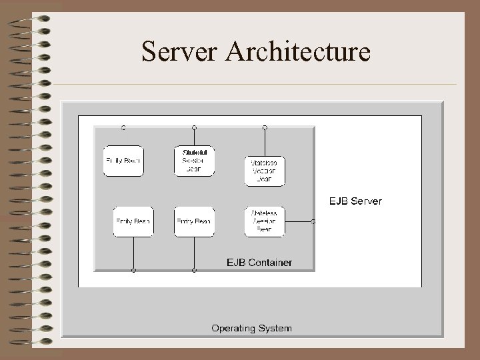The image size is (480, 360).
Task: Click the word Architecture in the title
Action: tap(297, 52)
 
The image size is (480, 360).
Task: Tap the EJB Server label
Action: tap(356, 201)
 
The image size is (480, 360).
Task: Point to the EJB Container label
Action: tap(259, 262)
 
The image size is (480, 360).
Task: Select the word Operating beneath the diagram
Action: tap(233, 328)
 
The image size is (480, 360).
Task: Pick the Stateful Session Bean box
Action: tap(195, 161)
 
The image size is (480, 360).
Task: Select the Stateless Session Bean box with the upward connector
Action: tap(265, 171)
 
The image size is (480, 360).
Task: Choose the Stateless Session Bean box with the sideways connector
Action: tap(265, 221)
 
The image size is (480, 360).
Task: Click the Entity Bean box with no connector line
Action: tap(123, 161)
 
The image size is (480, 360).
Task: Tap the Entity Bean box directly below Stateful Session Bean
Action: tap(194, 221)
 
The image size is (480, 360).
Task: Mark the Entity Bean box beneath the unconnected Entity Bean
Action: tap(133, 221)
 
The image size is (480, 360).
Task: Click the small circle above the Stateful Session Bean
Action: tap(194, 127)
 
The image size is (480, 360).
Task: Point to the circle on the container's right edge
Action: tap(314, 221)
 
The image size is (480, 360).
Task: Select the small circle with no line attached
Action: tap(123, 127)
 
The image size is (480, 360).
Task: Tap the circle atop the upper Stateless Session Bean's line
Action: tap(265, 127)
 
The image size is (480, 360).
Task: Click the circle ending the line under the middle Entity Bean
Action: tap(194, 270)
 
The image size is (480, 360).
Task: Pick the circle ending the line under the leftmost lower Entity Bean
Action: tap(133, 270)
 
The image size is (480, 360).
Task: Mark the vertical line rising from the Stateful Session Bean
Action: tap(194, 137)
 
